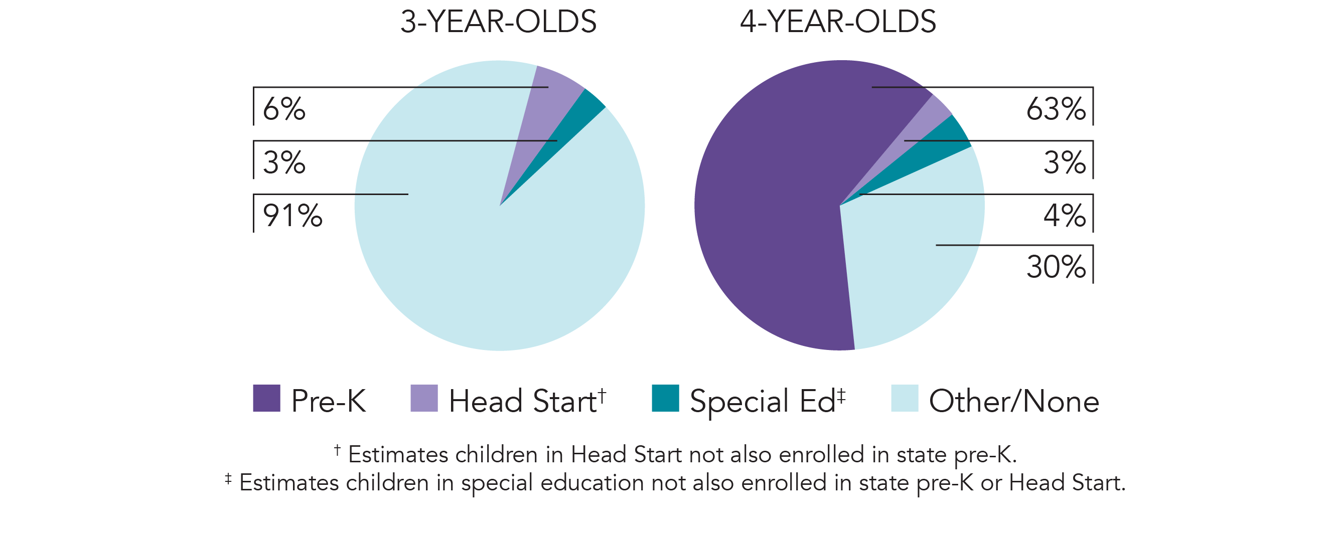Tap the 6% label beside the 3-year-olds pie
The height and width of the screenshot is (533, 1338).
(283, 109)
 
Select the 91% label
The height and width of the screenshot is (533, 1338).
(292, 216)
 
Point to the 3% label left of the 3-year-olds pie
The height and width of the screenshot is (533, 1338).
(283, 163)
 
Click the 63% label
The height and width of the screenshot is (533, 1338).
(1056, 109)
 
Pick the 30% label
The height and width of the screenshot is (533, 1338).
(1056, 268)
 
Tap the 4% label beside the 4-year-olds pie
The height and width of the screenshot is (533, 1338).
(1064, 216)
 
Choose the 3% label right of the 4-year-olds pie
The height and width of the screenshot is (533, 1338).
(1064, 163)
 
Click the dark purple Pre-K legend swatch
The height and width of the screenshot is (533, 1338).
(266, 398)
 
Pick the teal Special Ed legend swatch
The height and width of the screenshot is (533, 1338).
(665, 398)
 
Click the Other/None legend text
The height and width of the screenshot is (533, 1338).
(1013, 401)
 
